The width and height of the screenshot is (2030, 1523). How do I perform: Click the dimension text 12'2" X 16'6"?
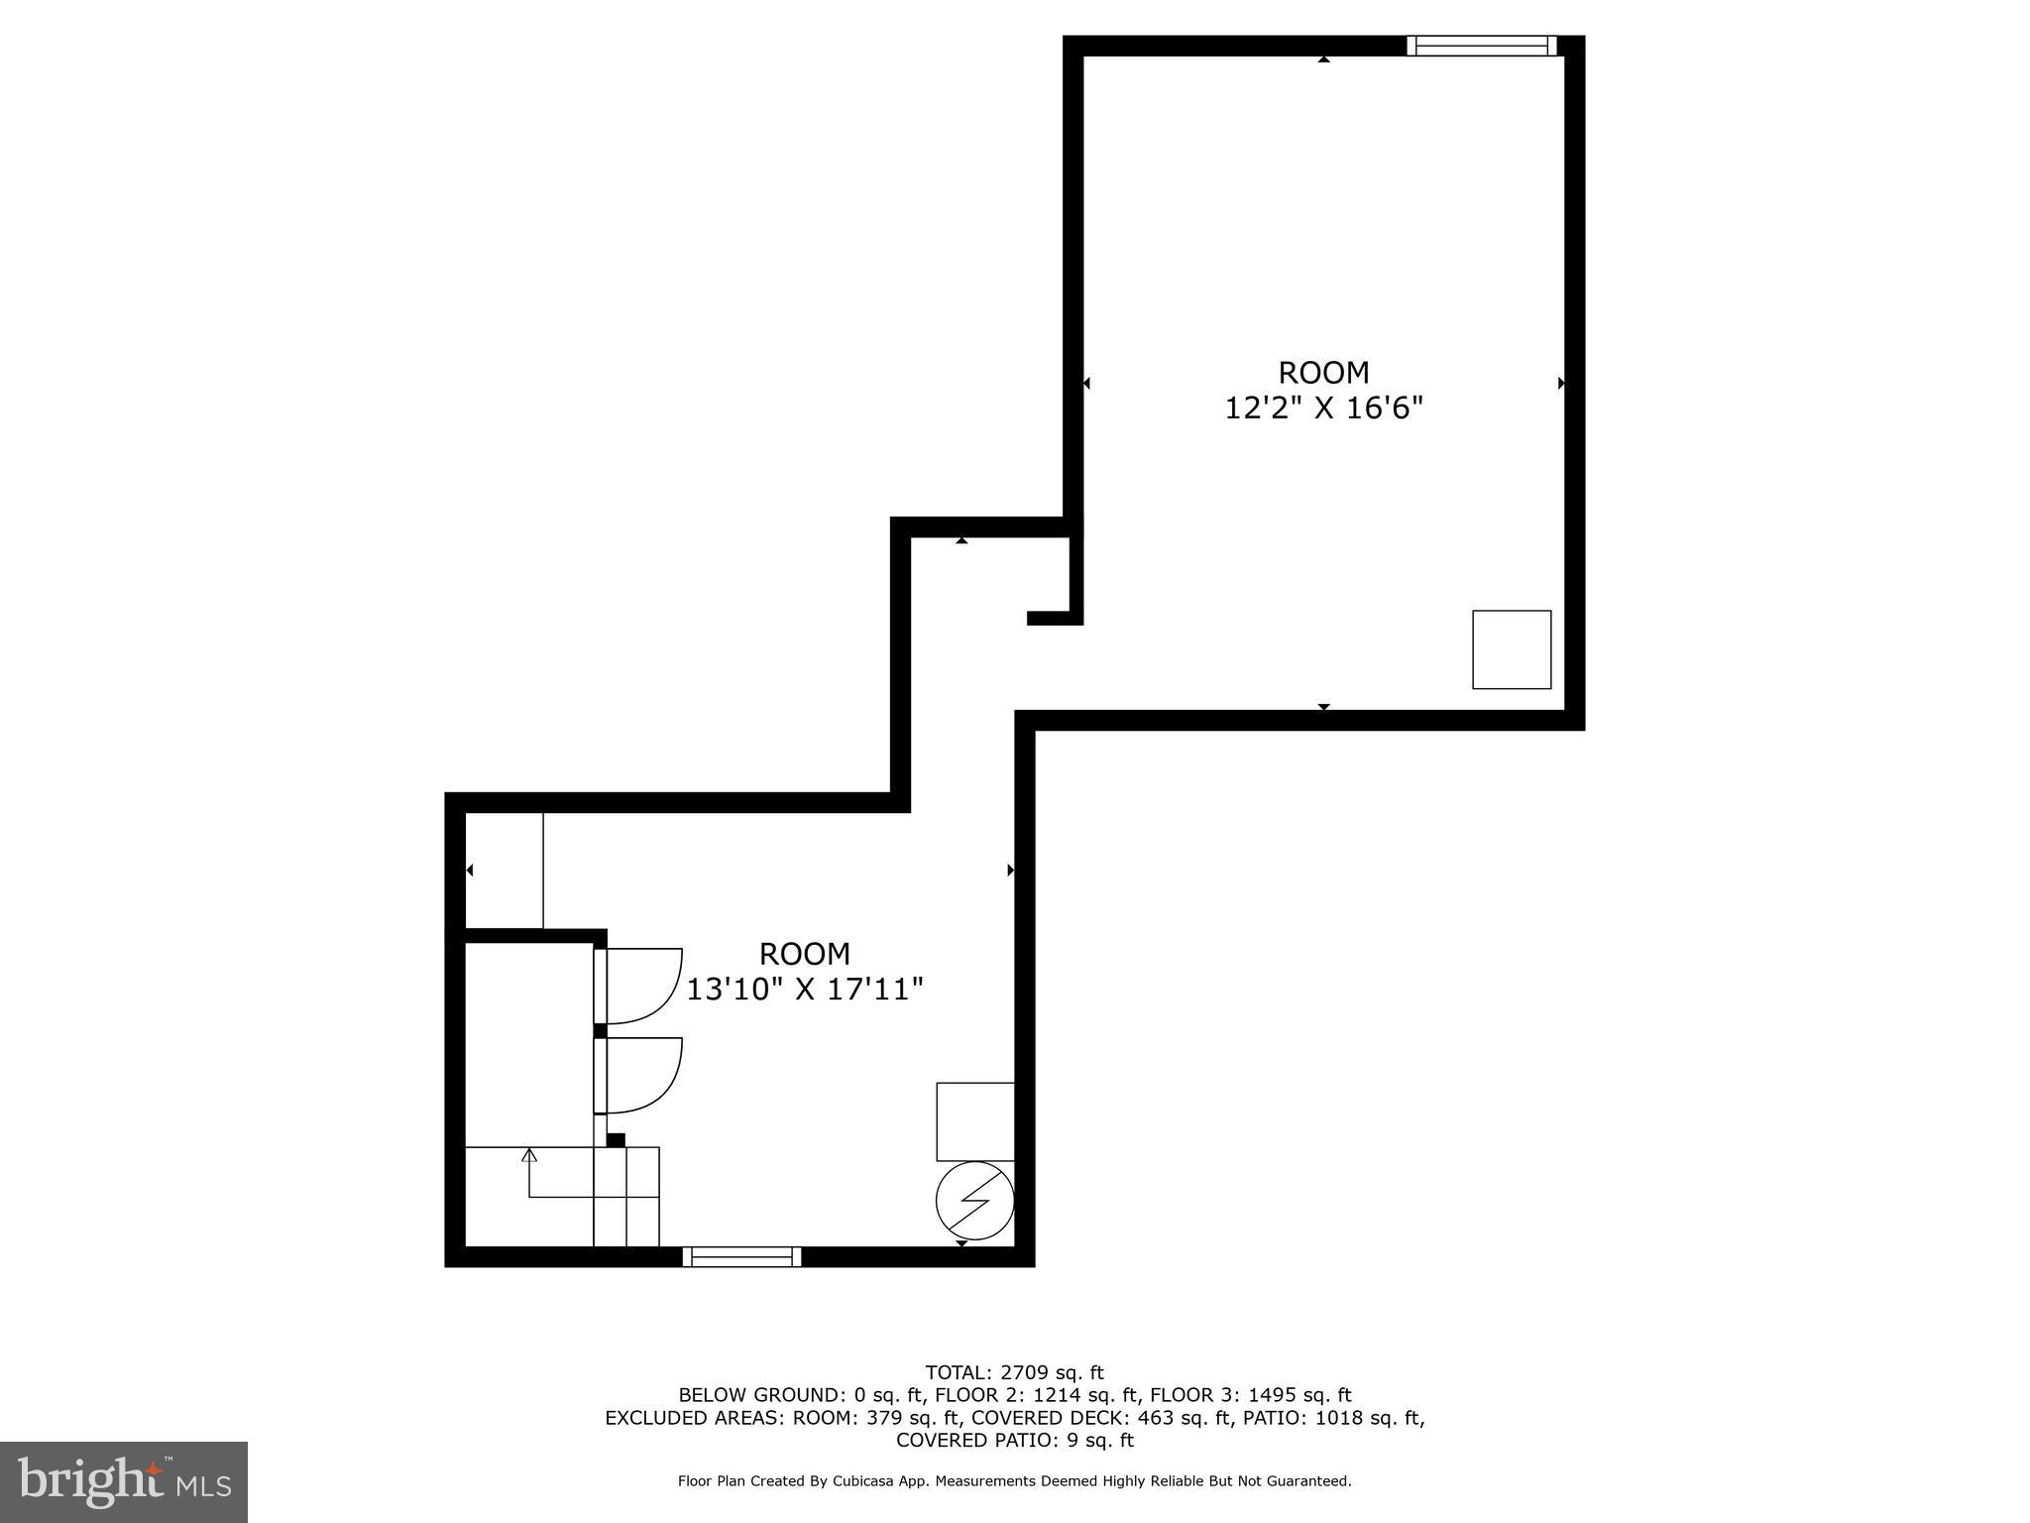1323,408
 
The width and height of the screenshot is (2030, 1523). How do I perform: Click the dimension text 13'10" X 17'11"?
805,989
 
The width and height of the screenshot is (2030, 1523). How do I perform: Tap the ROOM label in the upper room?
1323,373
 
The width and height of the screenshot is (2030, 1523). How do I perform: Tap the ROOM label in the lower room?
804,954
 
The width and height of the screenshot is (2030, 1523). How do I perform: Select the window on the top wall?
1482,46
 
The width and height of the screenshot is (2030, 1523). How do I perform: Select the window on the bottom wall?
741,1256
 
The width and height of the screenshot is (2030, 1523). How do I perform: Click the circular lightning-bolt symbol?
974,1200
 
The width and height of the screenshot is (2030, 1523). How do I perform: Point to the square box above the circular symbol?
975,1121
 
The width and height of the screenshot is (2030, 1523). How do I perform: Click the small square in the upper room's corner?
1511,649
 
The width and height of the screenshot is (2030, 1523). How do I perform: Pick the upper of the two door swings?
642,985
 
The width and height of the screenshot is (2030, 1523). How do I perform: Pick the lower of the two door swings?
642,1075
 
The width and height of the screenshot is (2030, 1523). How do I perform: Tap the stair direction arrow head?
529,1155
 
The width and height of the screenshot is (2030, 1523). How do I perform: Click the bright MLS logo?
124,1482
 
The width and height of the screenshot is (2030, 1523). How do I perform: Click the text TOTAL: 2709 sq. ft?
1014,1372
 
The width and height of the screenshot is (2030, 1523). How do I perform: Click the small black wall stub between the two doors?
600,1030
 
